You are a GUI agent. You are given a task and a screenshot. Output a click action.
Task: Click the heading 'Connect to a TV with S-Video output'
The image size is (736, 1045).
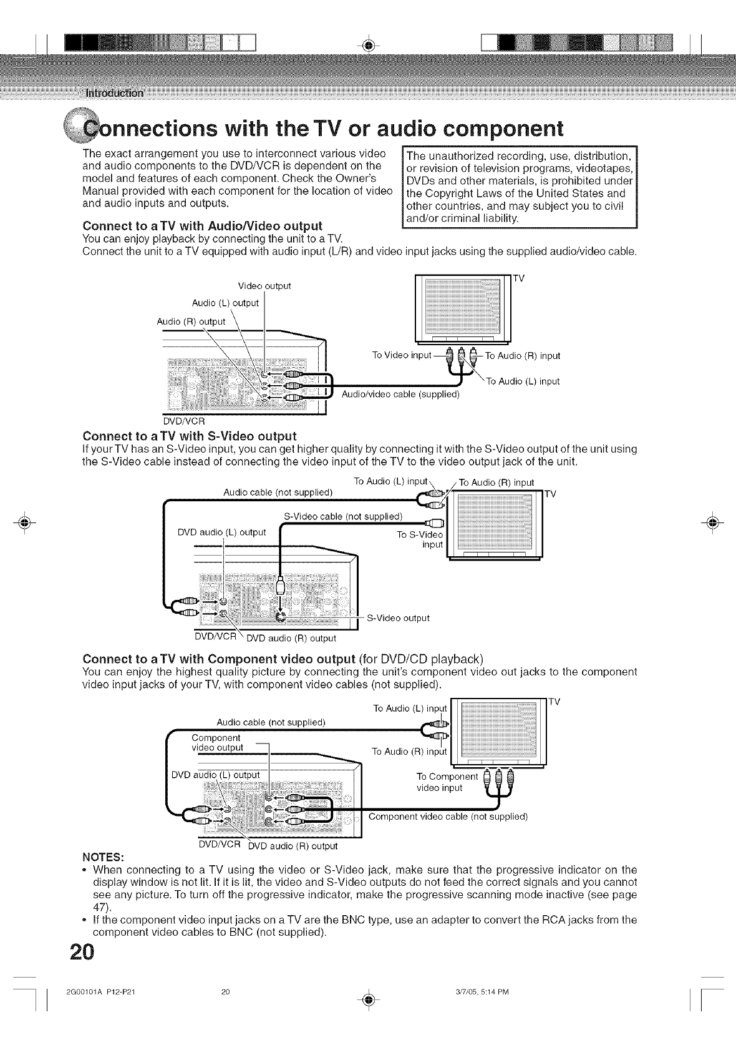tap(189, 435)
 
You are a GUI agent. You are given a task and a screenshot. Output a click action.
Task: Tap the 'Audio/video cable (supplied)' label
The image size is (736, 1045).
tap(400, 394)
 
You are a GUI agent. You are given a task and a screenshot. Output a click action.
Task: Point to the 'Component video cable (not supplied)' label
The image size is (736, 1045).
tap(448, 817)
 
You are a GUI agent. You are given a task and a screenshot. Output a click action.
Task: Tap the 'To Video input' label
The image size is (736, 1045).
tap(401, 355)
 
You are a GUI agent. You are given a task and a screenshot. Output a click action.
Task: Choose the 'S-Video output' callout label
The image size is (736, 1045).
tap(399, 618)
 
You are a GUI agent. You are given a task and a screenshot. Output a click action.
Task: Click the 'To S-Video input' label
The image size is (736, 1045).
tap(420, 539)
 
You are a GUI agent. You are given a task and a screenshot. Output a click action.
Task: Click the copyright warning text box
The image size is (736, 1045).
tap(519, 187)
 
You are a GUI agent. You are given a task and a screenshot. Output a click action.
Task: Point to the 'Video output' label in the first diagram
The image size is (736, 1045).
tap(264, 286)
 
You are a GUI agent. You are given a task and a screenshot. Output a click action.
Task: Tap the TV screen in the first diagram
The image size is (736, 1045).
tap(462, 307)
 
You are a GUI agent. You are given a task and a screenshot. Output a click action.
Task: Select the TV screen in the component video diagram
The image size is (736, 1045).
tap(497, 731)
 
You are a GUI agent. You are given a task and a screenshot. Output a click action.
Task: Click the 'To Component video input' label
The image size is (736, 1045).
tap(446, 782)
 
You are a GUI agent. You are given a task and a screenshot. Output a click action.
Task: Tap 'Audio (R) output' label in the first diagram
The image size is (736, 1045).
tap(190, 321)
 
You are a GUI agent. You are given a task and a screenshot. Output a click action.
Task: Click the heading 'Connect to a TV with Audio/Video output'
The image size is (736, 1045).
tap(203, 225)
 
